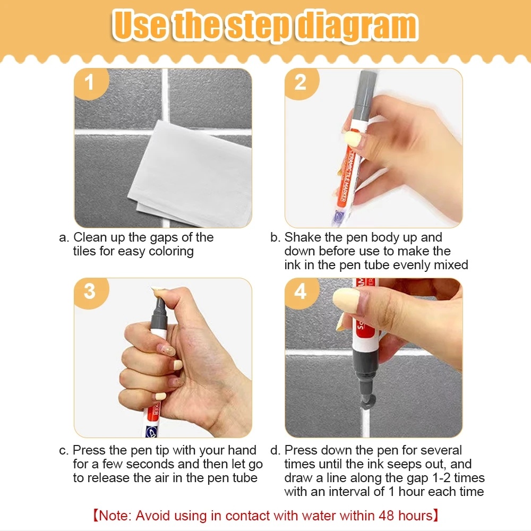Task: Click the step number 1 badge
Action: [91, 83]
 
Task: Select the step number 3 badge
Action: [91, 293]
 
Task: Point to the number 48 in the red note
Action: [386, 516]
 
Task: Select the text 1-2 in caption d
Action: [441, 478]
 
